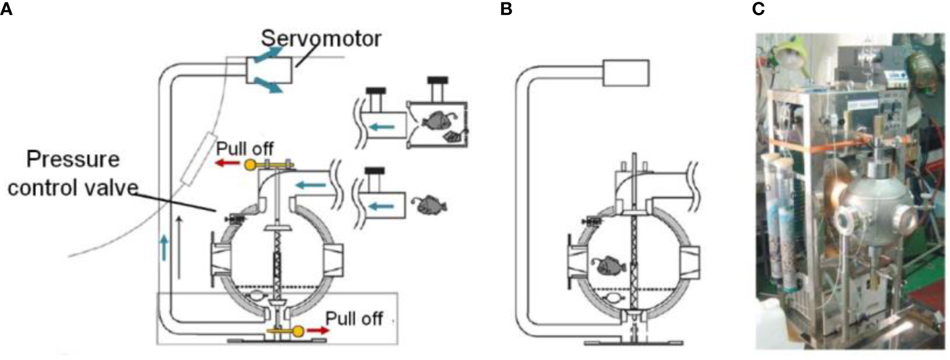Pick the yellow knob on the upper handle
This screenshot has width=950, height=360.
[x=250, y=165]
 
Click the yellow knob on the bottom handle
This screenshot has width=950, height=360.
[x=298, y=331]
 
